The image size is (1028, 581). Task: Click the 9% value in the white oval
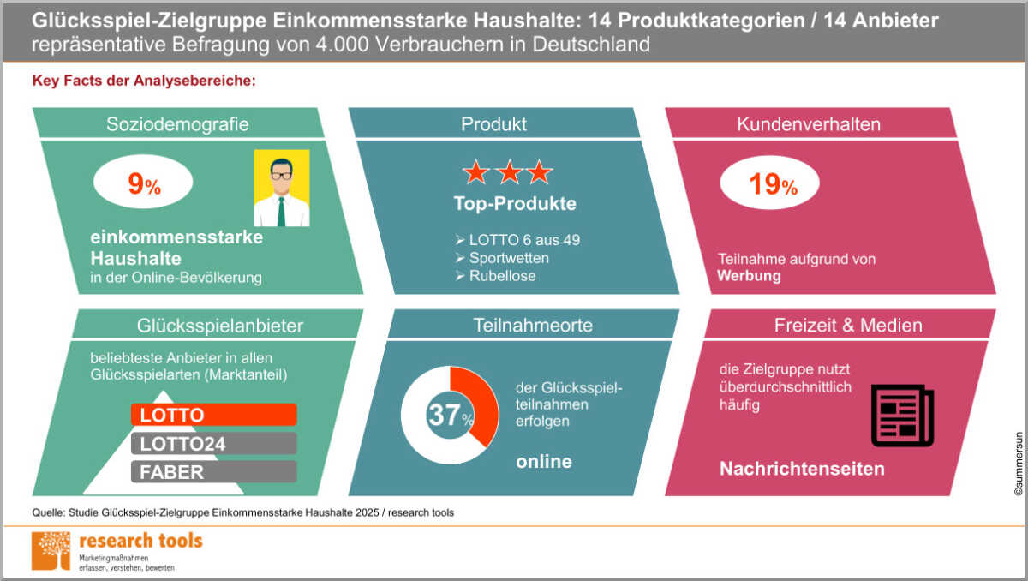(143, 185)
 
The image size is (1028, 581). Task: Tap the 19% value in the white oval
(772, 185)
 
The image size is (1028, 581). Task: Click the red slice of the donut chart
(481, 403)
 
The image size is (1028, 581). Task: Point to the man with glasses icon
(281, 188)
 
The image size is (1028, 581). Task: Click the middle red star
(507, 172)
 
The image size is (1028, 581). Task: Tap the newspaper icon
(901, 416)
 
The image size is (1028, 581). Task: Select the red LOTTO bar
(213, 415)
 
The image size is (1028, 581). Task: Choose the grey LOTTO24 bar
(213, 443)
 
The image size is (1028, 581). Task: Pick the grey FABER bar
(213, 471)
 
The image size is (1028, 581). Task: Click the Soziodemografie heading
(177, 123)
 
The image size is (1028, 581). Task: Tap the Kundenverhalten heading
(808, 123)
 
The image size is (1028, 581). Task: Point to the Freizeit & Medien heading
(848, 325)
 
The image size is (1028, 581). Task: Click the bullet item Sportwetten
(508, 258)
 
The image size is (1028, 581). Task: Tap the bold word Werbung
(749, 276)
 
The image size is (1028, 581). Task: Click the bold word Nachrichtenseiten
(801, 469)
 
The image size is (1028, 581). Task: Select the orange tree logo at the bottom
(51, 550)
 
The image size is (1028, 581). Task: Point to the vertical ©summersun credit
(1018, 463)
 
